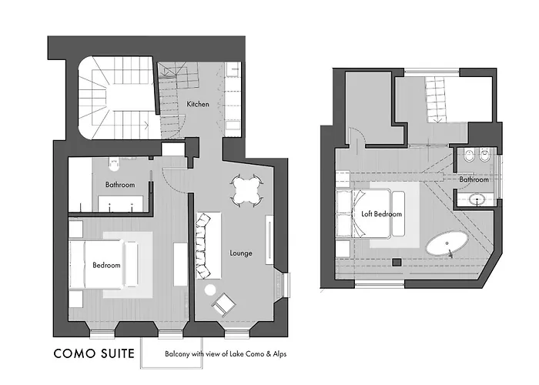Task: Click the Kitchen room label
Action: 198,104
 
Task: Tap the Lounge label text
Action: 241,253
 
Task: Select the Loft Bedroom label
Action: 382,214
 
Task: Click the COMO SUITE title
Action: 94,353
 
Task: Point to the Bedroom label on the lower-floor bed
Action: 106,265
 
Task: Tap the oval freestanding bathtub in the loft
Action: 447,244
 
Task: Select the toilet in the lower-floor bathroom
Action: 114,165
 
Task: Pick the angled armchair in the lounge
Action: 224,304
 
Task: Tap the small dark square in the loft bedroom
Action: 397,262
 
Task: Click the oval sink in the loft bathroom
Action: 477,199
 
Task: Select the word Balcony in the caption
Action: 177,354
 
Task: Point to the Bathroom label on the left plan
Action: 120,185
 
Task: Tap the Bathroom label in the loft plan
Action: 474,179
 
